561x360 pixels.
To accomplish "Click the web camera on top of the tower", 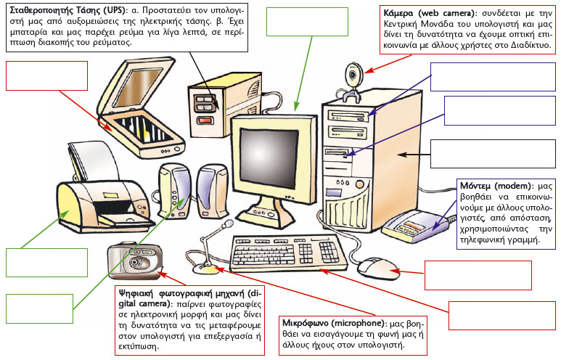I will tap(353, 75).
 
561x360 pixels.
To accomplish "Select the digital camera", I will tap(134, 261).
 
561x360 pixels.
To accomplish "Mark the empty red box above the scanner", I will tap(46, 75).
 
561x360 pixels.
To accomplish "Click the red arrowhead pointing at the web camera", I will tap(367, 72).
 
